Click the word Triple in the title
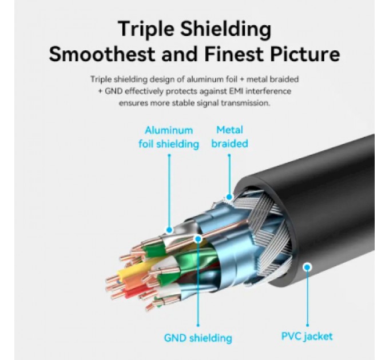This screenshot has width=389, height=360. tap(146, 30)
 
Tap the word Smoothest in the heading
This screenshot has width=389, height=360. tap(102, 54)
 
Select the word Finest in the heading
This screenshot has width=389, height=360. tap(234, 54)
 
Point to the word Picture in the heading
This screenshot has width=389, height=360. tap(305, 54)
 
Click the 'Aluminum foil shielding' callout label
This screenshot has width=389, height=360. tap(169, 137)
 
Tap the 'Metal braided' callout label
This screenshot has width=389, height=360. tap(229, 137)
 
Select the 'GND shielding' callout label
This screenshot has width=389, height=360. tap(198, 338)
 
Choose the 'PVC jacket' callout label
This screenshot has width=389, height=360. tap(307, 336)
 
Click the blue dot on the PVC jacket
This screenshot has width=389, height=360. tap(307, 267)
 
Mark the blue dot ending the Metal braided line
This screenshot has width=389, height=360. tap(229, 197)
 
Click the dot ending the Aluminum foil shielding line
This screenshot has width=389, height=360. tap(169, 230)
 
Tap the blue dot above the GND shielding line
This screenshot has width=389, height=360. tap(198, 239)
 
